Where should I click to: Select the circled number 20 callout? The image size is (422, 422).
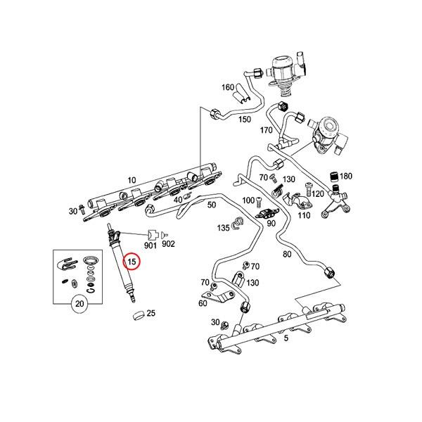pyautogui.click(x=79, y=305)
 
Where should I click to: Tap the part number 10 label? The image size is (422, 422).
pyautogui.click(x=132, y=181)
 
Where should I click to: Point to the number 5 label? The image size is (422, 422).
pyautogui.click(x=285, y=338)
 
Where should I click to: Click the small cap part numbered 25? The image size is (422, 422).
pyautogui.click(x=136, y=314)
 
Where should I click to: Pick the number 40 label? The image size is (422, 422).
pyautogui.click(x=178, y=200)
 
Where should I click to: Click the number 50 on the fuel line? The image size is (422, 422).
pyautogui.click(x=211, y=205)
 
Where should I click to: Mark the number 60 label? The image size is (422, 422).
pyautogui.click(x=203, y=303)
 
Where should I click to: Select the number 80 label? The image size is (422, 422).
pyautogui.click(x=286, y=254)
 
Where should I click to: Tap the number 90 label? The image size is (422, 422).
pyautogui.click(x=270, y=224)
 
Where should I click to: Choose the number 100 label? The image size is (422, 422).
pyautogui.click(x=248, y=201)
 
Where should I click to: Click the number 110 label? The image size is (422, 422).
pyautogui.click(x=304, y=215)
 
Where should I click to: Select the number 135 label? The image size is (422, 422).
pyautogui.click(x=224, y=228)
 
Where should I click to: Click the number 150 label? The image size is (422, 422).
pyautogui.click(x=244, y=120)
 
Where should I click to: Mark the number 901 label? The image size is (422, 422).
pyautogui.click(x=151, y=245)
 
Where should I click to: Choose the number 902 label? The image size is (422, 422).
pyautogui.click(x=168, y=245)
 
